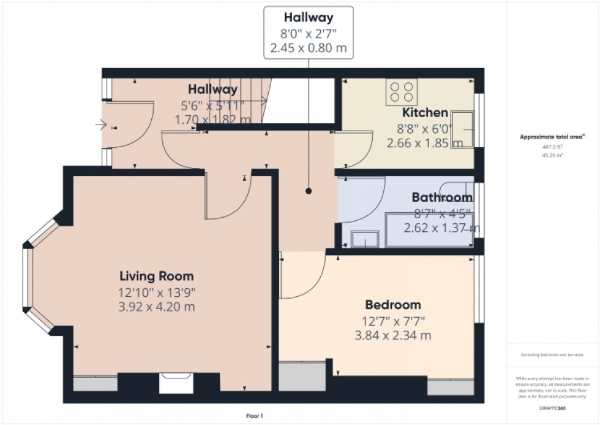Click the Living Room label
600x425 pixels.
156,275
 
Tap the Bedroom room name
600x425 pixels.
392,305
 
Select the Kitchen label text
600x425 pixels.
424,113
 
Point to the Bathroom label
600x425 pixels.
441,197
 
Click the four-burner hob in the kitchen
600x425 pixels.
401,91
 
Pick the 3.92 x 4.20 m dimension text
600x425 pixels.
156,307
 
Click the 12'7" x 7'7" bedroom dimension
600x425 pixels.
392,320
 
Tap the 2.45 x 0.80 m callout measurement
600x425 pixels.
308,48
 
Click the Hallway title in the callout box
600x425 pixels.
308,17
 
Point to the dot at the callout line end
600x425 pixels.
309,191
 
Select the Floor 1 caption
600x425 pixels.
253,416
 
